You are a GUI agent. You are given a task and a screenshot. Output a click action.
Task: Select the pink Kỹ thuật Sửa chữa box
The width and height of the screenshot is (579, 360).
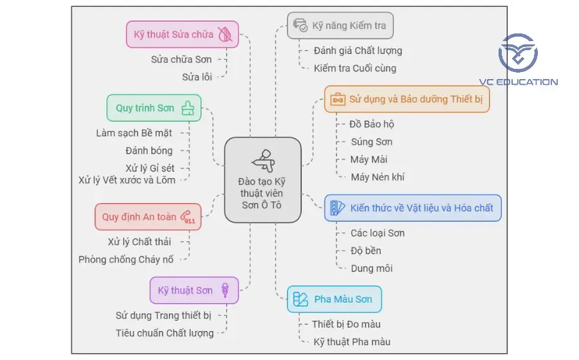click(182, 34)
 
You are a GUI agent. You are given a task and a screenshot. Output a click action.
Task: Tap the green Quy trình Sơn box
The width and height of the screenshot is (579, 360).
click(154, 108)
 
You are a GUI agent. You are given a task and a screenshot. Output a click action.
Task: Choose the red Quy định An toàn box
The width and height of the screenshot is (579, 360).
click(147, 217)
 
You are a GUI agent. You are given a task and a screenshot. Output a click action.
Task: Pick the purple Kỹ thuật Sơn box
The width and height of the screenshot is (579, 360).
click(194, 290)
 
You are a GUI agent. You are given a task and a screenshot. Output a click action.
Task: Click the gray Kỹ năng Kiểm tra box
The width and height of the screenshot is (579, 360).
click(340, 26)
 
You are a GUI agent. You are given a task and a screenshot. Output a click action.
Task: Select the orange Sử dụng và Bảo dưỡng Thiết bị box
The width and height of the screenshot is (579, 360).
click(407, 100)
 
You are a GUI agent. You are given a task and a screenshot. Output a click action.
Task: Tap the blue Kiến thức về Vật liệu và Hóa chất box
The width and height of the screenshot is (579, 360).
click(412, 208)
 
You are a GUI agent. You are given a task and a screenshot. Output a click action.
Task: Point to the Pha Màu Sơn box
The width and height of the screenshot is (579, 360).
click(334, 299)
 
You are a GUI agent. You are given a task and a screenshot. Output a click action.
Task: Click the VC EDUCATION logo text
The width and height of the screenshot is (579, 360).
click(527, 82)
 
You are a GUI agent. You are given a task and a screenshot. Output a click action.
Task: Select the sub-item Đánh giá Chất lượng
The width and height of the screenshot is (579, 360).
click(358, 51)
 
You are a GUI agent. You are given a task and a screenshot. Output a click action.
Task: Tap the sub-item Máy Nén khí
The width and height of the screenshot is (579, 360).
click(378, 177)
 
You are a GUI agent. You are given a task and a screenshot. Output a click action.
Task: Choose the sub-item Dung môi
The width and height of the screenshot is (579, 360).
click(371, 268)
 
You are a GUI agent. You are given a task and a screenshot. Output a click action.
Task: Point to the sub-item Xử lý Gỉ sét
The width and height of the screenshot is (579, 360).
click(150, 168)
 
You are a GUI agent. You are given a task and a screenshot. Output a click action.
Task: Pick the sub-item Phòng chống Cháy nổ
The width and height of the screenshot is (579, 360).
click(125, 260)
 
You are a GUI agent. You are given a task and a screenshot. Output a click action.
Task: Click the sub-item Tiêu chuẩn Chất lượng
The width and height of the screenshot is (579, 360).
click(164, 332)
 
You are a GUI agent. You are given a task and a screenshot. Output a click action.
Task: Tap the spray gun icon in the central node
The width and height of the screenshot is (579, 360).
click(262, 157)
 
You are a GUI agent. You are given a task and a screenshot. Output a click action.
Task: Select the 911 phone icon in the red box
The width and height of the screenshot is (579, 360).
click(188, 217)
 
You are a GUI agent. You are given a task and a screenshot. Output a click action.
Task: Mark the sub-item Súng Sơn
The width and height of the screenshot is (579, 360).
click(371, 141)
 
